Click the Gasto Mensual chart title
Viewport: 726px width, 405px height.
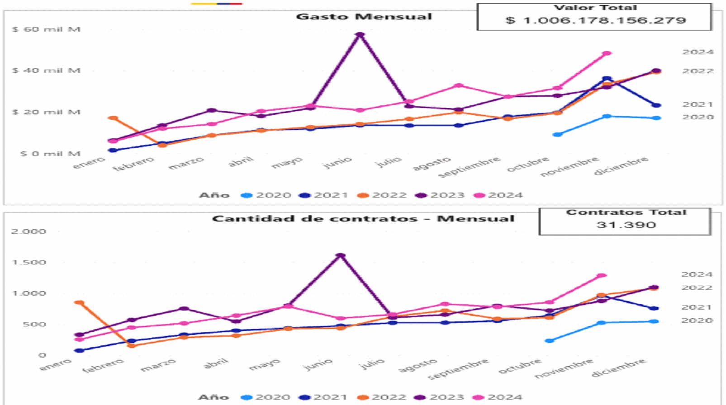(364, 17)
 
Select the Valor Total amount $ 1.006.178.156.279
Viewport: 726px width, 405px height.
(595, 20)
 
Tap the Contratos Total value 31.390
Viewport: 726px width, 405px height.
(626, 225)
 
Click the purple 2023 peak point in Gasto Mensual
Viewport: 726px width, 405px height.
(360, 35)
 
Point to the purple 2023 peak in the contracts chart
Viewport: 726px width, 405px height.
(340, 256)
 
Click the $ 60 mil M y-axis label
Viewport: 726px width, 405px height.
(46, 29)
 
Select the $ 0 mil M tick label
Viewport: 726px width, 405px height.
(50, 154)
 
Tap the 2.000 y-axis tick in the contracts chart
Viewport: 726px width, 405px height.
(28, 231)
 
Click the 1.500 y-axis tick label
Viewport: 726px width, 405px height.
(28, 262)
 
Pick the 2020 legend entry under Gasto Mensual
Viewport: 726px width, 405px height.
(267, 195)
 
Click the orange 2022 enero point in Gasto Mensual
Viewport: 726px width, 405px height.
(113, 118)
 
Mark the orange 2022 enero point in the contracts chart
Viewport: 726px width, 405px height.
(79, 303)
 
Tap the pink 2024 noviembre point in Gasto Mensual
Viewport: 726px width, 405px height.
(607, 53)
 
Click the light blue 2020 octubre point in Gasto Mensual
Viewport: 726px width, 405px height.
(557, 134)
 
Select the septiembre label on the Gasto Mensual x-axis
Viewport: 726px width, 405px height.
(469, 166)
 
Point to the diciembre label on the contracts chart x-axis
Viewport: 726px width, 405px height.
(618, 368)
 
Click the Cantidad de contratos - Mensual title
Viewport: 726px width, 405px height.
(363, 219)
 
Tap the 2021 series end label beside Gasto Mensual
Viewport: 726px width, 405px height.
(698, 104)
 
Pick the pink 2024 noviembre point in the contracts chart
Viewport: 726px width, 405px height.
(602, 275)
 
